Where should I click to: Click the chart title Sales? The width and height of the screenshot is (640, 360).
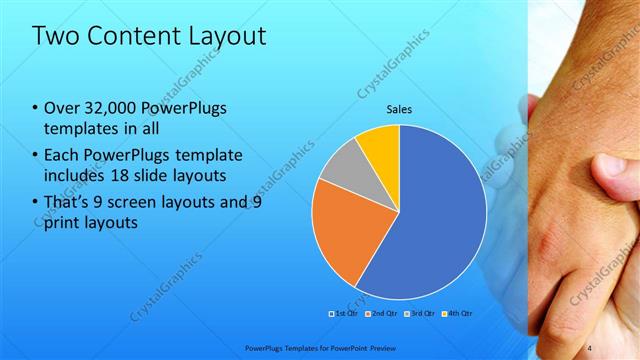click(x=399, y=109)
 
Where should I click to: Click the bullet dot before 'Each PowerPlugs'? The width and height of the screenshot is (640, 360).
click(x=35, y=155)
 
